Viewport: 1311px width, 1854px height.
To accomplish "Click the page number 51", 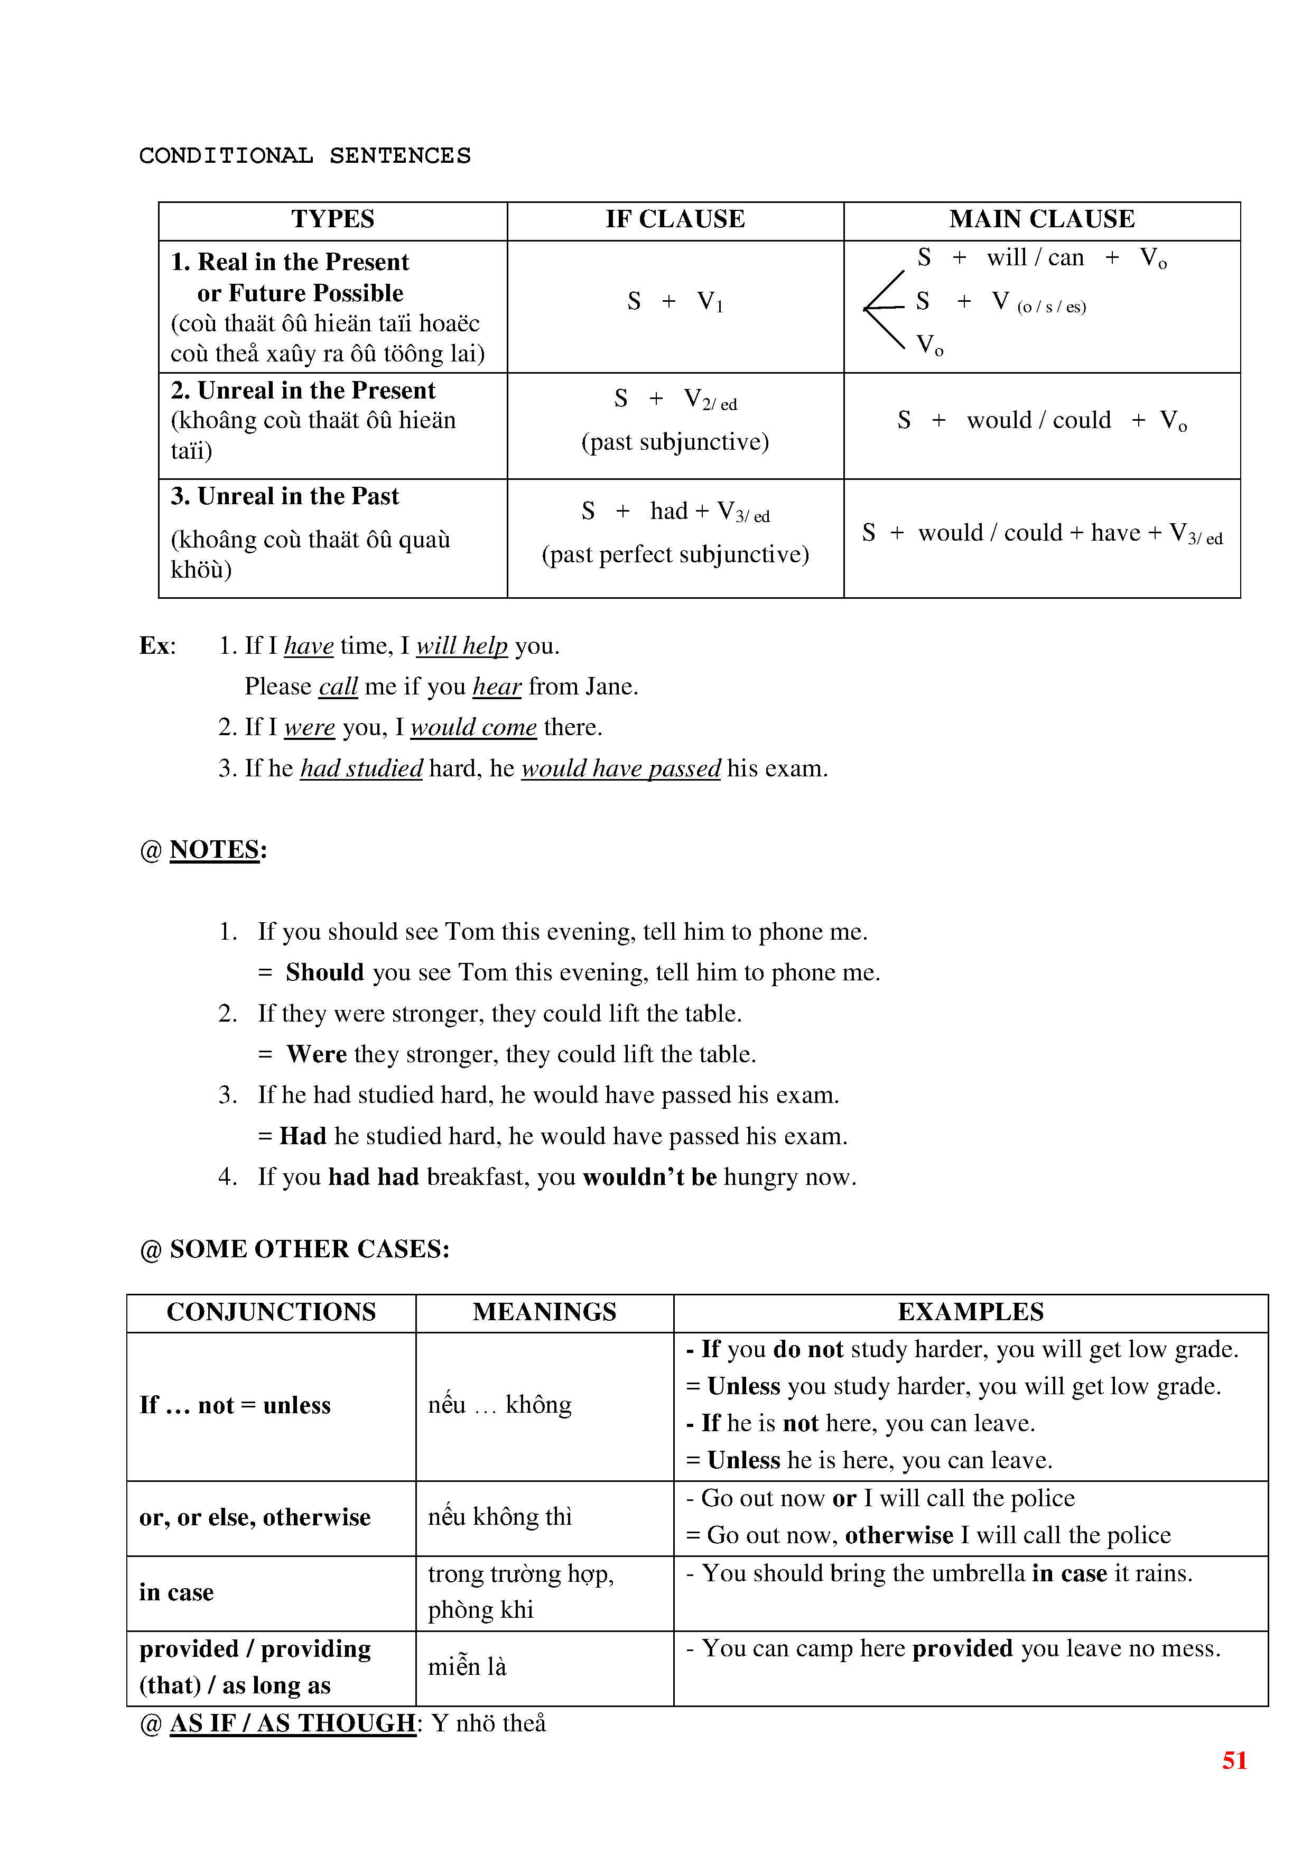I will (x=1234, y=1760).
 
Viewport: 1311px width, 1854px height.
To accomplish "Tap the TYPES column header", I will (x=332, y=219).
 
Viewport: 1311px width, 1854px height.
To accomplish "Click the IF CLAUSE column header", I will (x=675, y=219).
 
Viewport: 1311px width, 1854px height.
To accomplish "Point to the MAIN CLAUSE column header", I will (x=1042, y=219).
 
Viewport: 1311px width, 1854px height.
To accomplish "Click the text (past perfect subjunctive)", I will (x=675, y=555).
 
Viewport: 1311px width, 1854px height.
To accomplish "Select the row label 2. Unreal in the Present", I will (x=303, y=391).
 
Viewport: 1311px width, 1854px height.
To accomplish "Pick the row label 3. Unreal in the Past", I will (x=285, y=497).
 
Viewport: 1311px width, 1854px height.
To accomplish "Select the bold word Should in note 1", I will (x=324, y=972).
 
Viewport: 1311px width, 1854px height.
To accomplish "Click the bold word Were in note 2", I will (x=317, y=1054).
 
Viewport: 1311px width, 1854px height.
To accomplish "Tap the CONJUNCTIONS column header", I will (x=271, y=1311).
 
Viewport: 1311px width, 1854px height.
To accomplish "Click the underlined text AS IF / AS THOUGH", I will (x=292, y=1723).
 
